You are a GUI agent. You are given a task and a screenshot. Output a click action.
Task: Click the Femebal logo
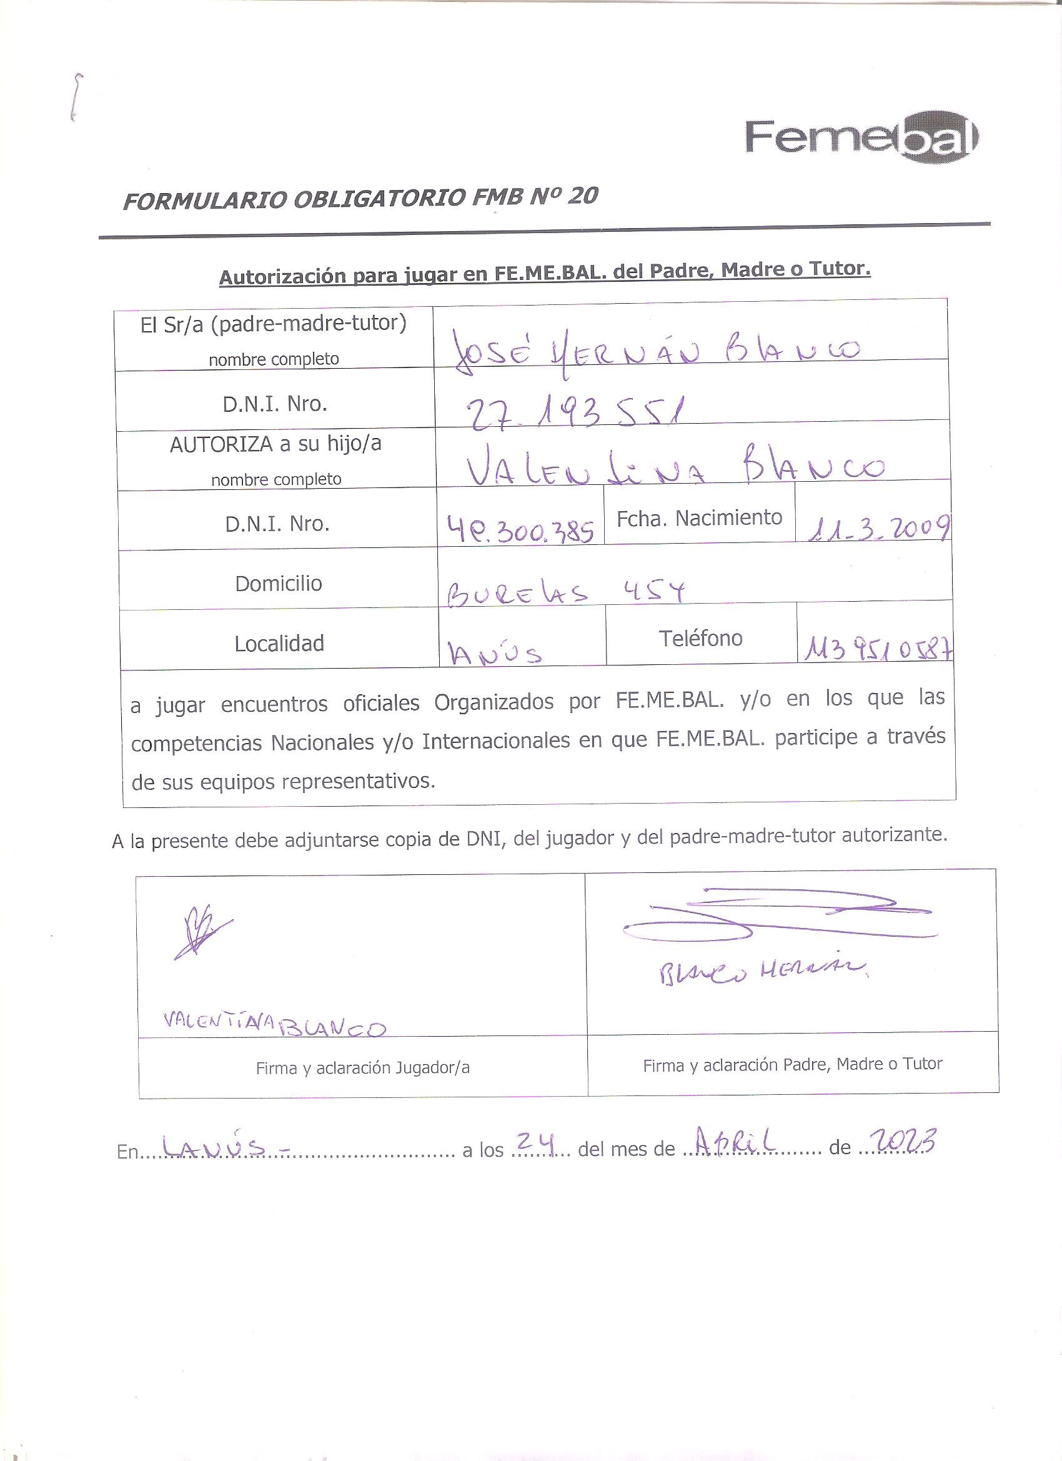861,137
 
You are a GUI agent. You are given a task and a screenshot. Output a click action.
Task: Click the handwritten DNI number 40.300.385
520,530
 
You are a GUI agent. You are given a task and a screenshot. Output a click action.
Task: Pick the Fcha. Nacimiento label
699,518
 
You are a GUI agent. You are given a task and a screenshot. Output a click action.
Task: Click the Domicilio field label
278,584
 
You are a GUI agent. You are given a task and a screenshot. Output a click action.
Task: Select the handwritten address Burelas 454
565,592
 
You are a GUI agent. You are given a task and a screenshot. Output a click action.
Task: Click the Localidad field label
279,644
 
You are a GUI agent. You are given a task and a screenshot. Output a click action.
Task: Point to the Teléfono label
700,639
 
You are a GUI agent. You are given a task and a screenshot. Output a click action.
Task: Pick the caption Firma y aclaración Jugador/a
362,1068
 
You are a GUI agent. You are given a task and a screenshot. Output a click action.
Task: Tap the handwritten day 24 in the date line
535,1142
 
